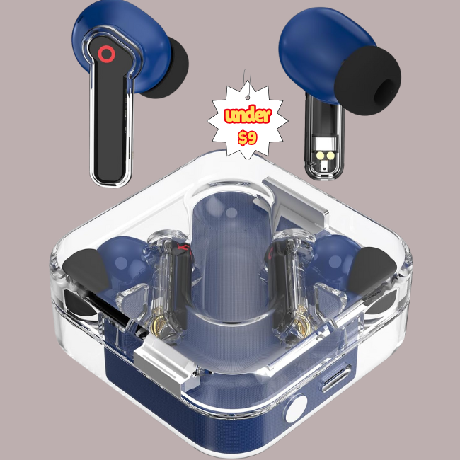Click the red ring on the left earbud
click(106, 54)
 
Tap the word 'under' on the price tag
click(248, 115)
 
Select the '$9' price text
click(248, 137)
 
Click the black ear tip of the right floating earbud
click(368, 81)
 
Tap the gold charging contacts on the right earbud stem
click(326, 156)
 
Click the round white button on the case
click(297, 408)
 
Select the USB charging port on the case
click(336, 378)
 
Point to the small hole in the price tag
click(248, 98)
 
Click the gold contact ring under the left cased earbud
click(161, 325)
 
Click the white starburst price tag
click(247, 121)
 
